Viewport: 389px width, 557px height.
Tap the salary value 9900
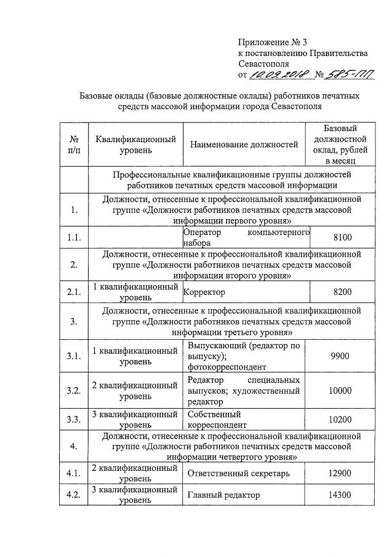coord(340,356)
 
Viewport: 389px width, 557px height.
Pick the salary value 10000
coord(340,391)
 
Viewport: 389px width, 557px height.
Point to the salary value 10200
coord(340,420)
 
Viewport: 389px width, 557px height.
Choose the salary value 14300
coord(340,495)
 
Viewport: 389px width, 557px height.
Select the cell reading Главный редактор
coord(223,495)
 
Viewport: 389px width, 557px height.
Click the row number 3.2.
coord(74,391)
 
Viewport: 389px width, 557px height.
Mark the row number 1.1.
coord(74,237)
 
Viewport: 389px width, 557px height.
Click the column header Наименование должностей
coord(244,145)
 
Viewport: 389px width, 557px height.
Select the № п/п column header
coord(74,145)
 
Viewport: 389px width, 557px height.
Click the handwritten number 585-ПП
coord(348,74)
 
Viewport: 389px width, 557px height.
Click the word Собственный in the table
coord(214,414)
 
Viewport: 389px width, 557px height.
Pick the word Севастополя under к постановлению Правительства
coord(263,63)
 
